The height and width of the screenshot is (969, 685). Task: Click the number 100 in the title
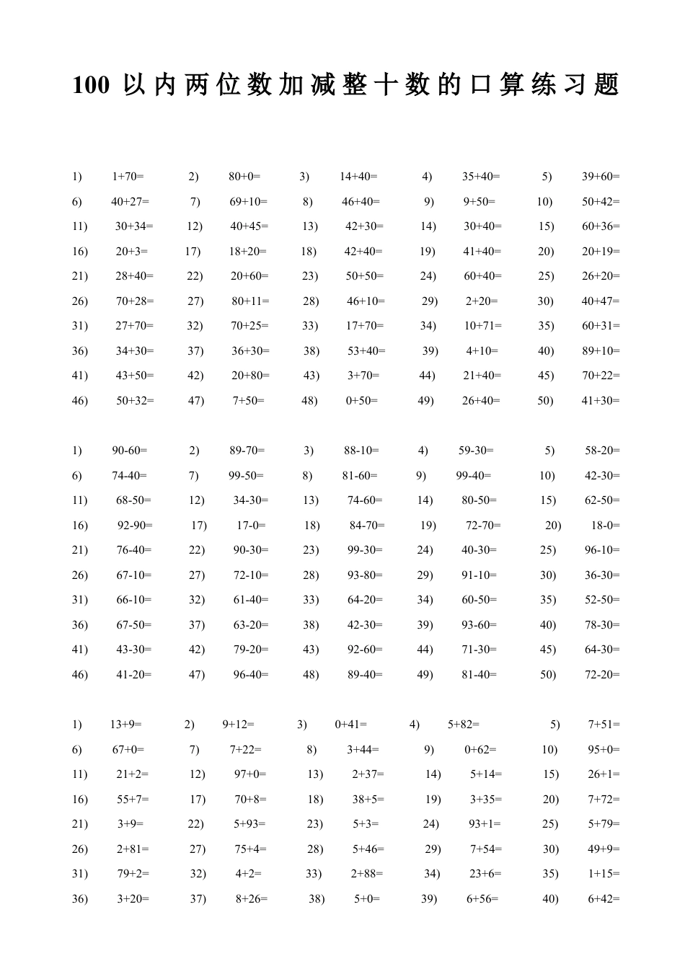point(91,86)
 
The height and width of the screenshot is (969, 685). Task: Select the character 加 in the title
point(291,85)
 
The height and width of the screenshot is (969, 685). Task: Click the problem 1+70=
point(128,177)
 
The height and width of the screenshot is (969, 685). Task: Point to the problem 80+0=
point(244,177)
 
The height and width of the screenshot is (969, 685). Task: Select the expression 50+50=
point(365,276)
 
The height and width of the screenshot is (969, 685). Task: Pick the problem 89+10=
point(601,351)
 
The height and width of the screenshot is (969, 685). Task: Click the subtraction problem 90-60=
point(129,451)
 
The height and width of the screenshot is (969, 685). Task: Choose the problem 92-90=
point(135,526)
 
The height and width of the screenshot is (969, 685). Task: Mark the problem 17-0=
point(251,526)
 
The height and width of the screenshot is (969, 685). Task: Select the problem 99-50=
point(246,476)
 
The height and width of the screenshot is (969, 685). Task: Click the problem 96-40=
point(251,675)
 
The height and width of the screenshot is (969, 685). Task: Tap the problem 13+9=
point(126,725)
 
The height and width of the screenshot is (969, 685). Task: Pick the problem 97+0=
point(250,774)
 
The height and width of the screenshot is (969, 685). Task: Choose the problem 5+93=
point(249,824)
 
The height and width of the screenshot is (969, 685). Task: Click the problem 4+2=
point(249,874)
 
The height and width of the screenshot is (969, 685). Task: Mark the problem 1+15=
point(604,874)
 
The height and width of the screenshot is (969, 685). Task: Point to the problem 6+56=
point(482,899)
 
